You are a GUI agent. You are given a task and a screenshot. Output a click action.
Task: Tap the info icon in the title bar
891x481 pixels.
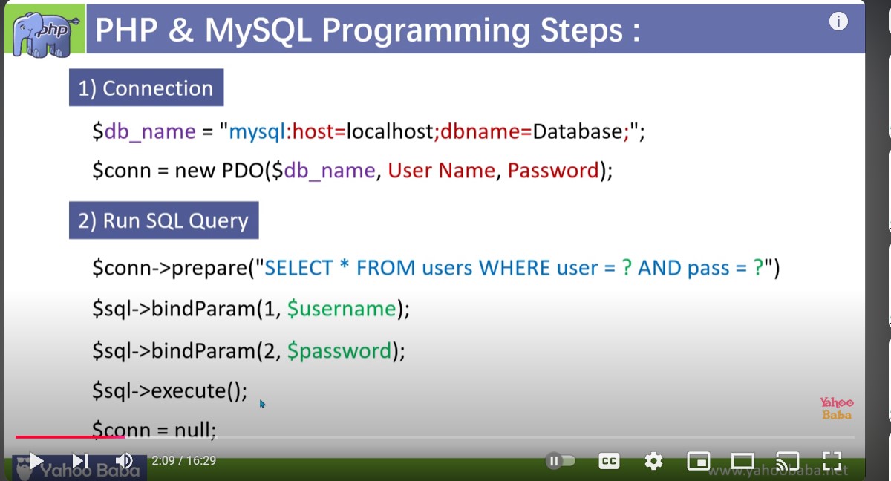click(838, 22)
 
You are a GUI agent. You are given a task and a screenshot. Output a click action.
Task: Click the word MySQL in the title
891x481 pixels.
click(258, 30)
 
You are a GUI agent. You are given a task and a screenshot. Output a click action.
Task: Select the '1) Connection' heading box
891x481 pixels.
click(146, 88)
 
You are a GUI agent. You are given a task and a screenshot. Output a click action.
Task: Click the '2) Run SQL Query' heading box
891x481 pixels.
click(164, 220)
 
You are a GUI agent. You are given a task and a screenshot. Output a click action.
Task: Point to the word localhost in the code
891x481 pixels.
click(390, 131)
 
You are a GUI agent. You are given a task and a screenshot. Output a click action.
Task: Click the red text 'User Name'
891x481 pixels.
click(442, 171)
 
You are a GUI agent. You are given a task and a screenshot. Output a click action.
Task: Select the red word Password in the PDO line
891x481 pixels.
click(553, 171)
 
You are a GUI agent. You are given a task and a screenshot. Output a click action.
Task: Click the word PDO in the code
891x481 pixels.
click(243, 171)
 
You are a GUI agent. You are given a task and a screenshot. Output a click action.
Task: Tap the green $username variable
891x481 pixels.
click(342, 309)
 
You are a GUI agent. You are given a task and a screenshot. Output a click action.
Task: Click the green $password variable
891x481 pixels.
click(339, 350)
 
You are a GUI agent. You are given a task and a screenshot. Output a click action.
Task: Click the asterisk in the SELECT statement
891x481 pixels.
click(345, 265)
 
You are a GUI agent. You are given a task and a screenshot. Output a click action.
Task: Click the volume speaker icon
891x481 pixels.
click(124, 461)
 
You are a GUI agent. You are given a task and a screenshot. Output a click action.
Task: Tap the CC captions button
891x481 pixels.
click(609, 461)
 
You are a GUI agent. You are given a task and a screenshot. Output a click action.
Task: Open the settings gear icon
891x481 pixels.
click(653, 461)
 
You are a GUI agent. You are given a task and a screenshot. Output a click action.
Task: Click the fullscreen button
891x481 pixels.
click(832, 461)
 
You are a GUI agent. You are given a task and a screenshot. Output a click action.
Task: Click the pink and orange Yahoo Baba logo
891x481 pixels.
click(837, 408)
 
